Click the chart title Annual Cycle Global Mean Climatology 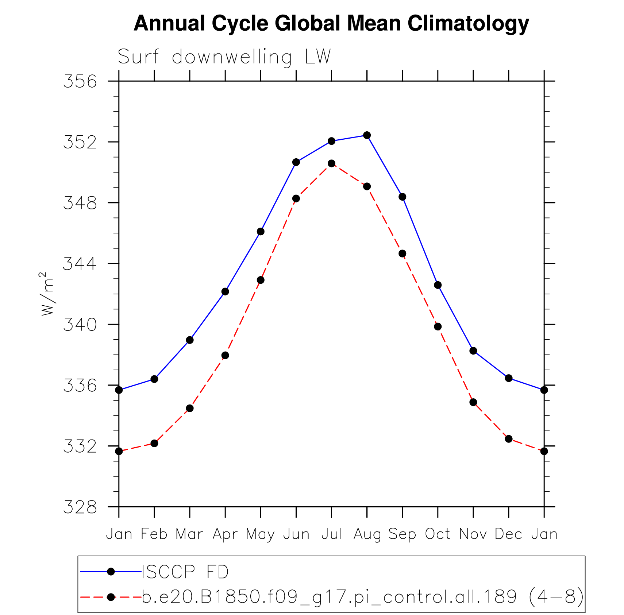pyautogui.click(x=331, y=24)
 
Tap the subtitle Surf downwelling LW pyautogui.click(x=224, y=57)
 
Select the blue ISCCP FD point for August pyautogui.click(x=367, y=135)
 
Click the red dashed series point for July pyautogui.click(x=331, y=163)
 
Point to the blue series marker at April pyautogui.click(x=225, y=291)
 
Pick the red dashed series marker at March pyautogui.click(x=190, y=408)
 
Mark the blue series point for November pyautogui.click(x=473, y=351)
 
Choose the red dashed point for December pyautogui.click(x=509, y=439)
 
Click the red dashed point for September pyautogui.click(x=402, y=254)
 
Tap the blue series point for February pyautogui.click(x=154, y=379)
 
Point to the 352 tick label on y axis pyautogui.click(x=80, y=142)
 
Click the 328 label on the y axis pyautogui.click(x=80, y=507)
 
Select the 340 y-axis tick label pyautogui.click(x=80, y=325)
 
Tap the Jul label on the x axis pyautogui.click(x=332, y=534)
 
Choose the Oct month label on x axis pyautogui.click(x=438, y=534)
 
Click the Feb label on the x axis pyautogui.click(x=154, y=534)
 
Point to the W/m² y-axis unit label pyautogui.click(x=47, y=294)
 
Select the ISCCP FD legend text pyautogui.click(x=185, y=572)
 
